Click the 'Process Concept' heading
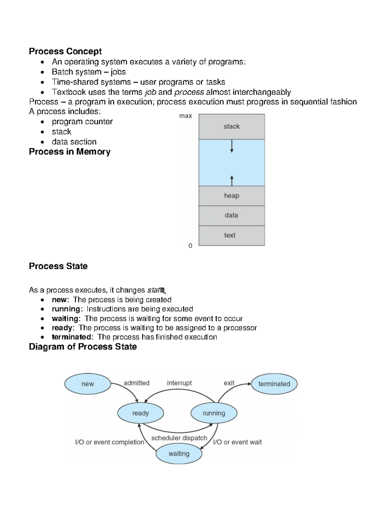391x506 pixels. click(65, 51)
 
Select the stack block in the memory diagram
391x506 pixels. click(232, 126)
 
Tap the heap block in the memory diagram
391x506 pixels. click(232, 196)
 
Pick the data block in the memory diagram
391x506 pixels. click(232, 215)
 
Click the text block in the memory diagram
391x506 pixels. click(232, 235)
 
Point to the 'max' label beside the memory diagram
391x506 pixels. click(185, 116)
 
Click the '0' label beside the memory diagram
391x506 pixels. click(190, 246)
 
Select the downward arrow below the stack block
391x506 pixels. click(232, 146)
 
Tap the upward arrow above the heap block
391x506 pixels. click(232, 181)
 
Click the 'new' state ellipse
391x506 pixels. click(88, 384)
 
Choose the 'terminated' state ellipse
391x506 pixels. click(274, 384)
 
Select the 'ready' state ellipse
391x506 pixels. click(140, 413)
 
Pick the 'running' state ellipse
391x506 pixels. click(214, 413)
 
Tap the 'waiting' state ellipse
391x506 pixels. click(179, 454)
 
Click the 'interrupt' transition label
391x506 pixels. click(179, 383)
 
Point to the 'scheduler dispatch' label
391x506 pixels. click(179, 438)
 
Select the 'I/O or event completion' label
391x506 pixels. click(109, 442)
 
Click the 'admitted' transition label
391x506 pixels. click(137, 383)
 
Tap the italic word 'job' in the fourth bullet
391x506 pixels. click(151, 92)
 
